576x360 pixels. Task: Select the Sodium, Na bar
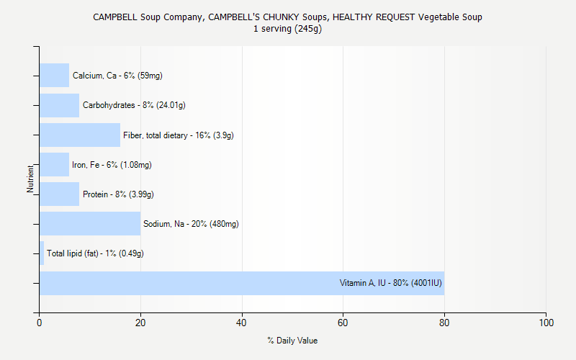pos(90,223)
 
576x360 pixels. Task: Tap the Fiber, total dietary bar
pos(80,135)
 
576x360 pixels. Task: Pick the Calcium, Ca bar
pos(54,75)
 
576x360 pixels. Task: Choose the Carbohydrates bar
pos(59,105)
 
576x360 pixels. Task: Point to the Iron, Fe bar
pos(54,164)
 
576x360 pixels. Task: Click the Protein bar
pos(59,194)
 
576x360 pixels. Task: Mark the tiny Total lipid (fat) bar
pos(42,253)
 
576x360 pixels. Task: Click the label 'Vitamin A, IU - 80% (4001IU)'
pos(390,283)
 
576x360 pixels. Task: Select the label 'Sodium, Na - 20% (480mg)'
pos(191,224)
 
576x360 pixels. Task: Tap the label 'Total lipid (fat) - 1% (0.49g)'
pos(95,253)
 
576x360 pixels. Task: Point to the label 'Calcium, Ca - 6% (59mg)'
pos(112,76)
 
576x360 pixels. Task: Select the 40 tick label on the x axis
pos(242,323)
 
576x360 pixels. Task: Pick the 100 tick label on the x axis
pos(546,323)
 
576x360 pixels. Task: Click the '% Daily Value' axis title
pos(292,341)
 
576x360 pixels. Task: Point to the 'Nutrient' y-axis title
pos(30,179)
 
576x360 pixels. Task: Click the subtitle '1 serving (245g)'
pos(287,29)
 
